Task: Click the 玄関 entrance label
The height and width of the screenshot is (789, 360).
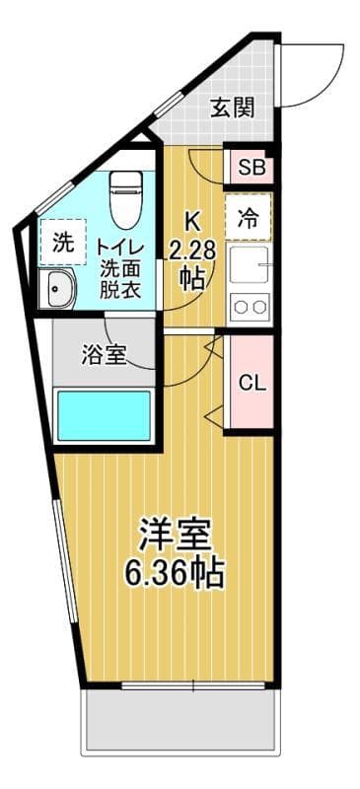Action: [x=233, y=108]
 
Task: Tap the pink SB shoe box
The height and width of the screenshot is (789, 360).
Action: [x=251, y=167]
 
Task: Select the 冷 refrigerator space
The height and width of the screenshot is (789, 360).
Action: [x=250, y=219]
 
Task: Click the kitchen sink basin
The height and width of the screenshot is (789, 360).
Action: [x=250, y=264]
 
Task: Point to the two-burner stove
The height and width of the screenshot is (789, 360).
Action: [x=250, y=307]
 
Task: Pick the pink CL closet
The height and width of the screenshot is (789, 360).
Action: [x=252, y=383]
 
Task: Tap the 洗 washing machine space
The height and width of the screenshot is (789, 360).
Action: [x=63, y=244]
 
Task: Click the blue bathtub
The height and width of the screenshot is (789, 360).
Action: [x=104, y=415]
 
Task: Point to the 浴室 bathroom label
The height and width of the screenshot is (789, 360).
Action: [x=103, y=354]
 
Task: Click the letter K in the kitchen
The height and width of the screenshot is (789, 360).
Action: [x=192, y=222]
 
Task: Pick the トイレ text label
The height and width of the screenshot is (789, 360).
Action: [x=120, y=244]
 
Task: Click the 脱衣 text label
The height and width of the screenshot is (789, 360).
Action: [x=120, y=291]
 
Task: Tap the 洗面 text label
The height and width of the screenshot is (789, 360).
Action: [x=120, y=267]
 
